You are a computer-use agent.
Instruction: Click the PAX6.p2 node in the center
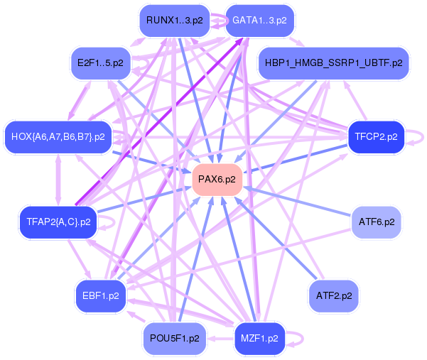pos(217,180)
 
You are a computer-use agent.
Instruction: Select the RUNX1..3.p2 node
pos(175,21)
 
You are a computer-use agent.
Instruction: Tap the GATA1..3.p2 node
pos(259,21)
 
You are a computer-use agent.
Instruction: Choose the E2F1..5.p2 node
pos(100,62)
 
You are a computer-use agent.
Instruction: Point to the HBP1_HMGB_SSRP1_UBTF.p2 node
pos(333,62)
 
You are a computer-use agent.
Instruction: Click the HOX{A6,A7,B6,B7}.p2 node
pos(58,136)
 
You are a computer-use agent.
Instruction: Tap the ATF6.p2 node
pos(377,222)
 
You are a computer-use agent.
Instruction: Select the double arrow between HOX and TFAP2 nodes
pos(58,178)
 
